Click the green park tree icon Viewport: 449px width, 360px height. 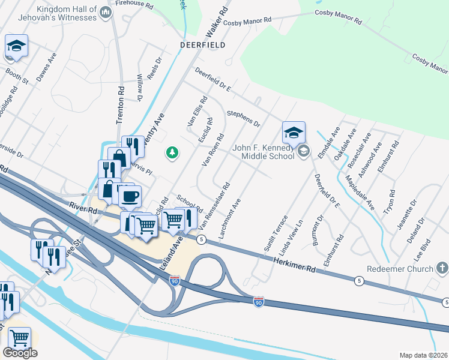[x=172, y=153]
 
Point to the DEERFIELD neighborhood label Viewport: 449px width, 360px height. [x=203, y=45]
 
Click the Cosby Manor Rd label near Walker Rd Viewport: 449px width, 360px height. [x=247, y=21]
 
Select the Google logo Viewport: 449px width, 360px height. [x=20, y=353]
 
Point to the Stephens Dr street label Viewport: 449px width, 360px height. [x=243, y=119]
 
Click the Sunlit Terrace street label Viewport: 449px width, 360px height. [x=276, y=233]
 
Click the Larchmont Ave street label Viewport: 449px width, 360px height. [x=230, y=220]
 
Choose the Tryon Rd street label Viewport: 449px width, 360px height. [x=391, y=203]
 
